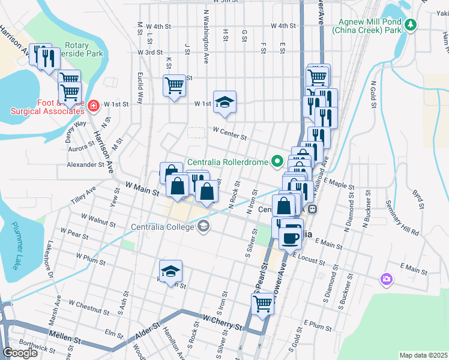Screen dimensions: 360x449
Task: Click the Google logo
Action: (20, 353)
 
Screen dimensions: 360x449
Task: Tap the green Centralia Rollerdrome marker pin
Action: (277, 161)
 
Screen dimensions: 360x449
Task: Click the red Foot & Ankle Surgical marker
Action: (93, 107)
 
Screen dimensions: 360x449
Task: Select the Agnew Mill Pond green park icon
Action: (410, 25)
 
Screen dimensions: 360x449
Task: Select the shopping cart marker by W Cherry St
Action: (263, 304)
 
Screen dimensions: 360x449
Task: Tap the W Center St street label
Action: (230, 133)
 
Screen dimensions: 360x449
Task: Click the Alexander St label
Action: (86, 164)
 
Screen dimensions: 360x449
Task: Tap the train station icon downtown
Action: (313, 209)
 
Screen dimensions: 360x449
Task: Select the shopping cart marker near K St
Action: (173, 85)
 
